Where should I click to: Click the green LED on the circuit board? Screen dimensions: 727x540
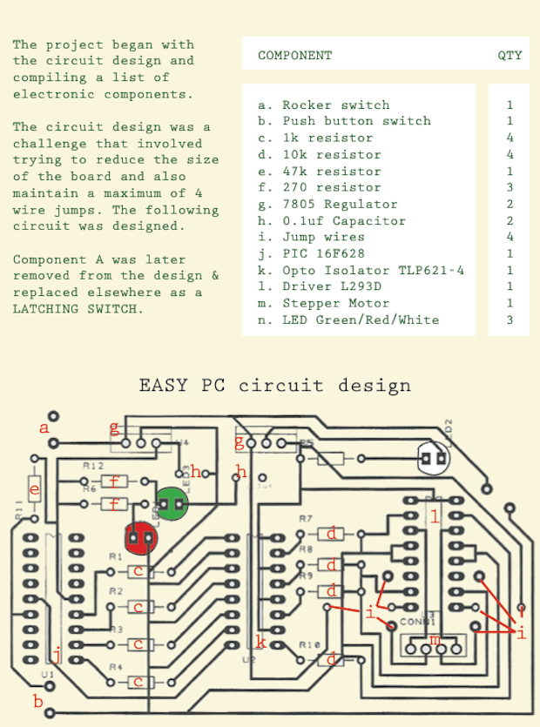(172, 503)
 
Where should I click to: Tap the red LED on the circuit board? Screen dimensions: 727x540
(139, 538)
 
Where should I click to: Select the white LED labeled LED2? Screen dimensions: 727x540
(434, 457)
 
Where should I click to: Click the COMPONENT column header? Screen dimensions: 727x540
(294, 56)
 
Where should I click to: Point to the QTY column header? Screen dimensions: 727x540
(510, 56)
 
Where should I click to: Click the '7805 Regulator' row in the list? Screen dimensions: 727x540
(340, 204)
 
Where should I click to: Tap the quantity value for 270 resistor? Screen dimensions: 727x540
(510, 187)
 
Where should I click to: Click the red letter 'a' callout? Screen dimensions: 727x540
(44, 427)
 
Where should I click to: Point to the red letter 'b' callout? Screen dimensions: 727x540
(37, 701)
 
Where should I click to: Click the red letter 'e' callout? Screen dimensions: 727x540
(35, 491)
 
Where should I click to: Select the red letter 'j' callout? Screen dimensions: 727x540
(57, 654)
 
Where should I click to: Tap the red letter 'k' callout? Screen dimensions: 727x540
(260, 643)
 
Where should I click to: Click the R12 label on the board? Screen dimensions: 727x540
(93, 467)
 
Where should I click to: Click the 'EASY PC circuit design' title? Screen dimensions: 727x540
(274, 385)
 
